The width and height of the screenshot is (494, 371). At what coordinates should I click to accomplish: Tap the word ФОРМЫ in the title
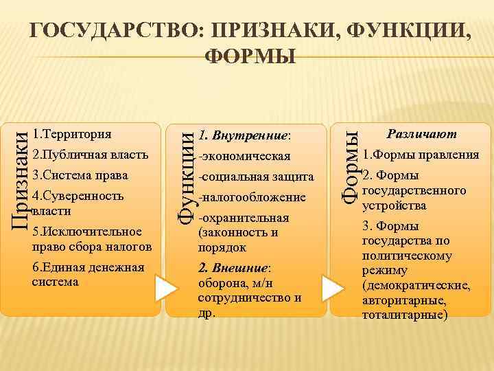coord(251,56)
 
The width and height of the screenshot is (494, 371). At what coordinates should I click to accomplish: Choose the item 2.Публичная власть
coord(90,153)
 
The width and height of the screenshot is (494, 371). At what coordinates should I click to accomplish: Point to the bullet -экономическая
coord(244,156)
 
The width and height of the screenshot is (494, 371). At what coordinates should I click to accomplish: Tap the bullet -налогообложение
coord(251,198)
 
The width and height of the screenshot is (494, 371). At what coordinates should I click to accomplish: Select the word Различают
coord(422,133)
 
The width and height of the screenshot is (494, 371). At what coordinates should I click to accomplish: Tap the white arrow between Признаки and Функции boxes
coord(166,289)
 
